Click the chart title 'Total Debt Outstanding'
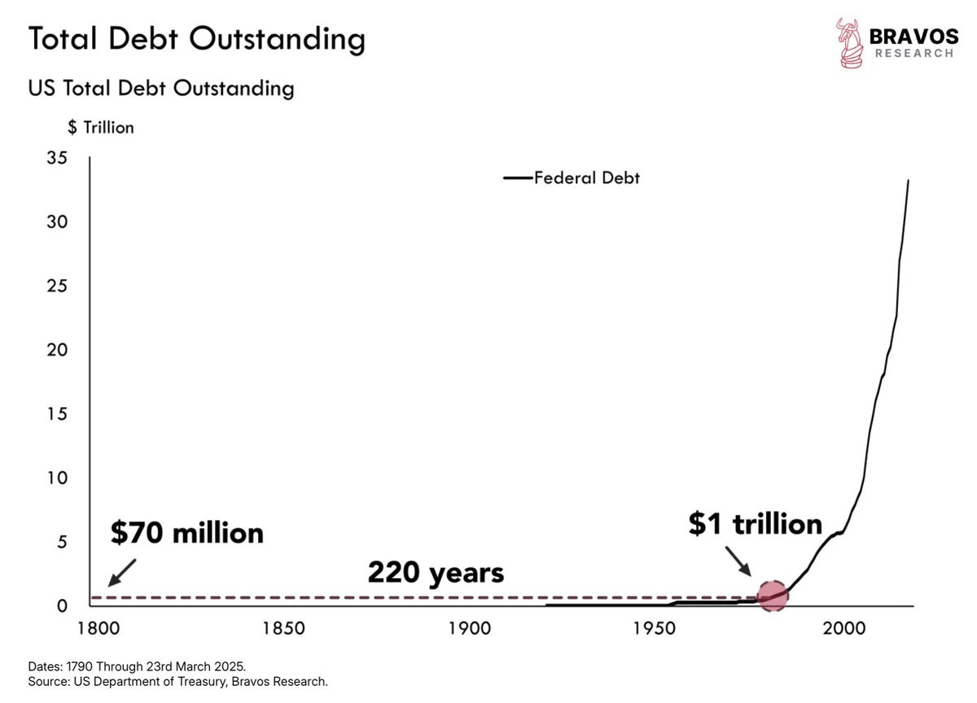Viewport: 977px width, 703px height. [x=197, y=39]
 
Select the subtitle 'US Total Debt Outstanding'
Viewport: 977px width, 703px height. [x=161, y=89]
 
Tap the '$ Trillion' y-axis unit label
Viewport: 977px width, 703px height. [x=101, y=128]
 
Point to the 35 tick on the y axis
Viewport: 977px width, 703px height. [x=57, y=158]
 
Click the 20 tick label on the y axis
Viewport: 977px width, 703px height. [x=57, y=350]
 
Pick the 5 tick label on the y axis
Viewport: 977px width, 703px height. [x=63, y=542]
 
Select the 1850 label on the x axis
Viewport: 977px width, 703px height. [x=283, y=628]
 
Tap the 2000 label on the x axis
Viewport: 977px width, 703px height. [x=844, y=628]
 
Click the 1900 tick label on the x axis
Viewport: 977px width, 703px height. [x=470, y=628]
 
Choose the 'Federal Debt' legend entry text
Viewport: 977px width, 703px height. [x=587, y=178]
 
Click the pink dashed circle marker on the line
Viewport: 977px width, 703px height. [x=773, y=596]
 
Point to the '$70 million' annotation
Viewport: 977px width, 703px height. [x=187, y=533]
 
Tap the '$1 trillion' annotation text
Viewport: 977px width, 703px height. [x=756, y=523]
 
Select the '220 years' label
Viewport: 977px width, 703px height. [x=436, y=573]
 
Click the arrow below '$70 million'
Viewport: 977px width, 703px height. [x=121, y=573]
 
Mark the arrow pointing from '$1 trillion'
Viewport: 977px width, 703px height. [x=738, y=561]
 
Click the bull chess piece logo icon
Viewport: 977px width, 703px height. [x=849, y=42]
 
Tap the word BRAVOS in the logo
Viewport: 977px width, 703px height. [x=913, y=37]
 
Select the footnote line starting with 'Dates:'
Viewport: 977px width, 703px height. [x=137, y=666]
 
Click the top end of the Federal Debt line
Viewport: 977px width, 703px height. [x=909, y=180]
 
